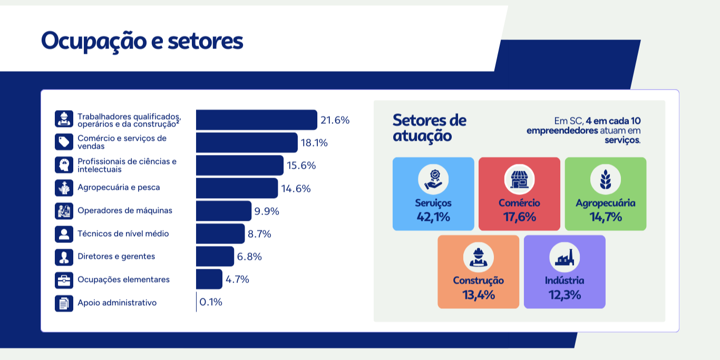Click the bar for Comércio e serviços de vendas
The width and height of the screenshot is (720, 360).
247,142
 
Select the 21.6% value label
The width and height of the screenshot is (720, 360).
335,120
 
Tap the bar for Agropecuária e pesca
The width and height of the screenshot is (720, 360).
237,188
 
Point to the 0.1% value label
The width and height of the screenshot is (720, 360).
211,302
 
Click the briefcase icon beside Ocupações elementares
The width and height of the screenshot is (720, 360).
64,279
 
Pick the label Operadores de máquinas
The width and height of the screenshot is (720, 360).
125,210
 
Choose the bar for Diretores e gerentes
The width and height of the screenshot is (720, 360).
215,256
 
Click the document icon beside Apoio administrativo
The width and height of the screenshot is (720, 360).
64,303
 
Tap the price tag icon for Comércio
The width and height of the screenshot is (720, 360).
64,142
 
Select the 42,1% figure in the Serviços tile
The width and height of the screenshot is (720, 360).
433,217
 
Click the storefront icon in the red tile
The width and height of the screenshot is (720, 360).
519,179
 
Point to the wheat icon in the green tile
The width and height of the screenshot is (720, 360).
605,179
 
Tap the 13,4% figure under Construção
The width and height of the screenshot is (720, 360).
479,295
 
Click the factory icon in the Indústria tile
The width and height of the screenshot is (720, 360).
565,257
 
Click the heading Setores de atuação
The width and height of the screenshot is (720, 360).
430,128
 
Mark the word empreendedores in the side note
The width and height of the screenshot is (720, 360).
562,130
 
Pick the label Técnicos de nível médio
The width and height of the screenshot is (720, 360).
123,233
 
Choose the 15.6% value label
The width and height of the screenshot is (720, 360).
301,166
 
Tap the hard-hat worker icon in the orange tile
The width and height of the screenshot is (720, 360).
478,257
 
